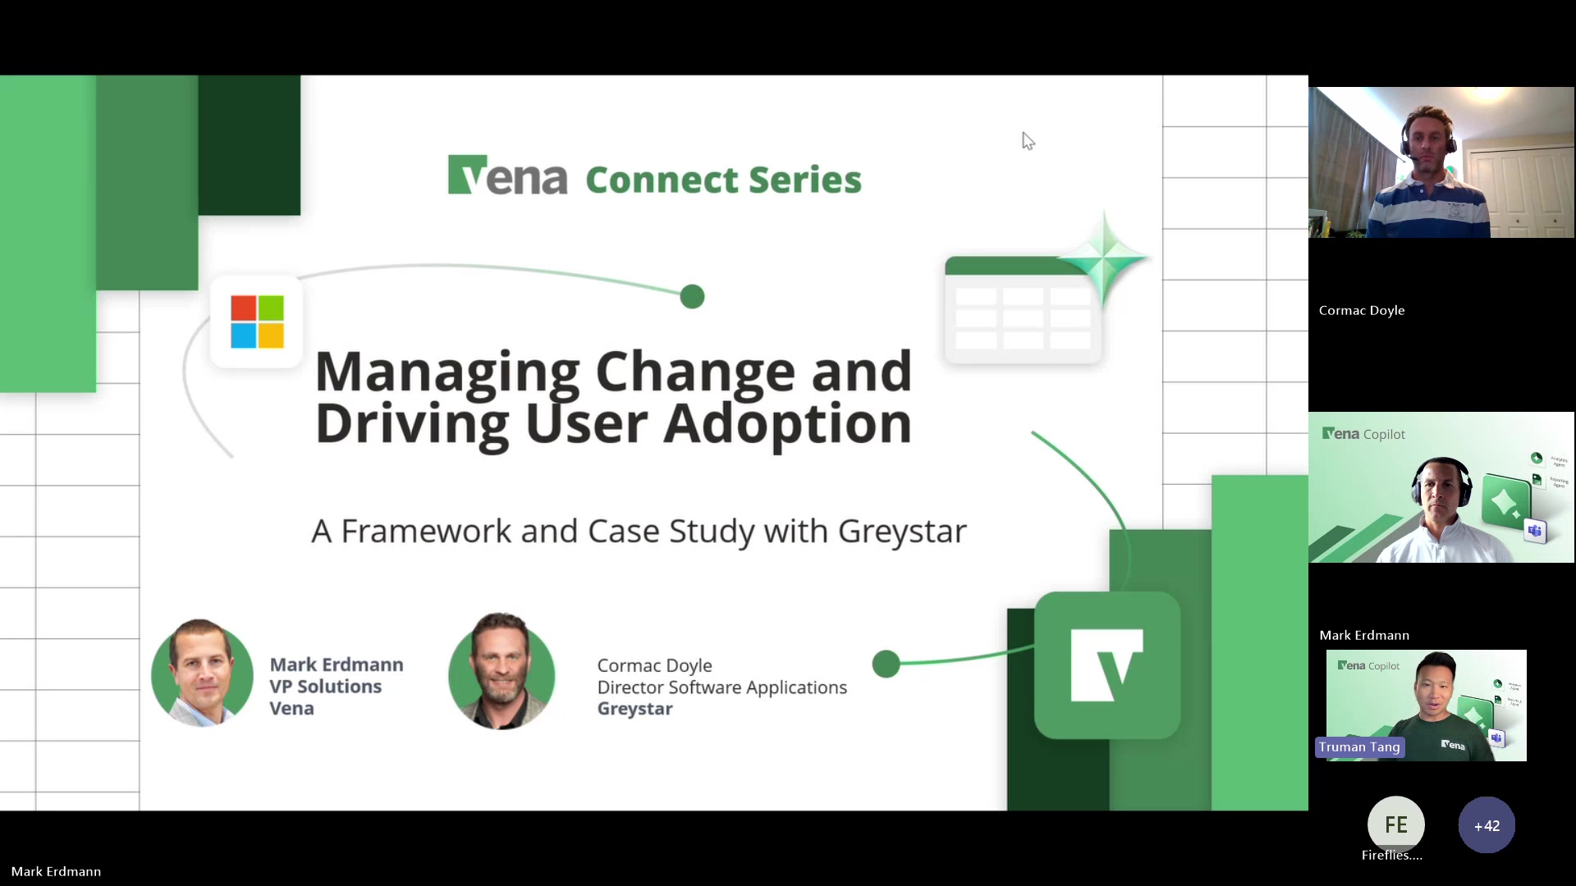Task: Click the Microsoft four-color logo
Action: (257, 322)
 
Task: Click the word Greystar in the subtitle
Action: (902, 532)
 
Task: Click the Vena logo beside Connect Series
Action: (506, 176)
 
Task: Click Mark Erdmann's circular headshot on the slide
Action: (202, 674)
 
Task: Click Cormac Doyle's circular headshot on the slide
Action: (502, 672)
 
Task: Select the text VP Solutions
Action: (325, 687)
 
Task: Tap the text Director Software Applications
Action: (722, 687)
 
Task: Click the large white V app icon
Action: (1106, 665)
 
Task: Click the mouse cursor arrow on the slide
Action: (1028, 141)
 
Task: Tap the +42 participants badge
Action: (1487, 825)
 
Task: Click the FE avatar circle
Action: (1395, 824)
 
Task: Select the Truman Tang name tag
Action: (1359, 747)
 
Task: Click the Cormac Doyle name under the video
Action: (1362, 310)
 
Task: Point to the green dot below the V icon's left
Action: (886, 664)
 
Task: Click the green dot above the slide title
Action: (692, 296)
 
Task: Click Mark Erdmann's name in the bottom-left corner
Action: (56, 871)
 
